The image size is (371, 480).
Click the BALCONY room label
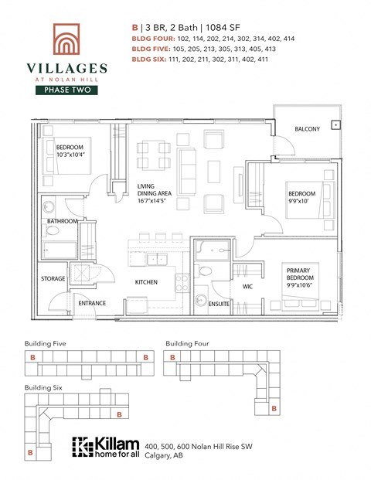point(307,129)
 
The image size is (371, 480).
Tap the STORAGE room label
point(53,278)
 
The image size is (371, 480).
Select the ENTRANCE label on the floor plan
point(92,303)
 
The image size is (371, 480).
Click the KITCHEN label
point(146,282)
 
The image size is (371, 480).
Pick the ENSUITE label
point(219,304)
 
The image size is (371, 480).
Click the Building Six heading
point(43,384)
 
